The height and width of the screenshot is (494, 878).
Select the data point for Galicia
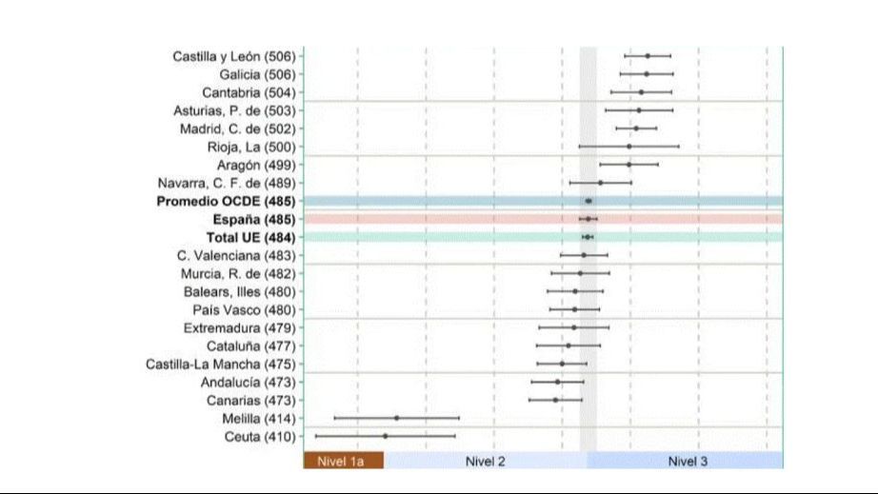647,74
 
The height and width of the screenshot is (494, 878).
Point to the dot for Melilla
397,418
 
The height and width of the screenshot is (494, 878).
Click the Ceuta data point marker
386,436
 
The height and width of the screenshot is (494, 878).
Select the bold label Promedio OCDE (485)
226,201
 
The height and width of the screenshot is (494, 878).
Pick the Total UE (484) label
250,237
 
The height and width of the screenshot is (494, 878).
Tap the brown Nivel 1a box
343,462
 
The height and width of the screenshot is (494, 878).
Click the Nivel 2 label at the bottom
486,462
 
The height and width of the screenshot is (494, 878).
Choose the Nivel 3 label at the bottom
688,462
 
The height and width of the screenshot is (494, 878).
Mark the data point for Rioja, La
629,147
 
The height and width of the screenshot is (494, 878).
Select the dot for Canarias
556,400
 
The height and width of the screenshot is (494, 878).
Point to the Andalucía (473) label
248,382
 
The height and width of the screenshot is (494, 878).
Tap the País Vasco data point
575,309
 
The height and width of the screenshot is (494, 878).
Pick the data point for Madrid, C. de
637,128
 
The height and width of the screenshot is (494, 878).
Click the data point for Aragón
629,165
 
